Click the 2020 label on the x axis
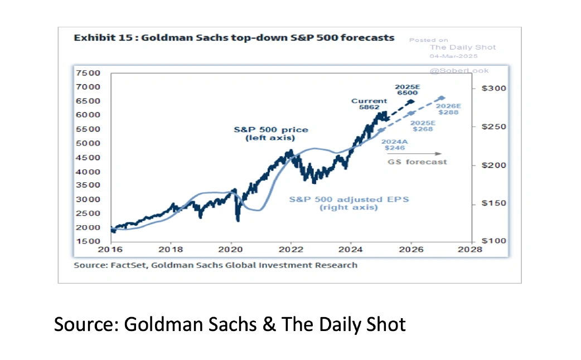point(230,250)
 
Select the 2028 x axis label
point(469,250)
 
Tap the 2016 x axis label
point(112,250)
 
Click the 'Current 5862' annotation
point(369,104)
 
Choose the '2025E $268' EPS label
point(422,126)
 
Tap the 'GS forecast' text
point(417,162)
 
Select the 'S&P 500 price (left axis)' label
point(270,134)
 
